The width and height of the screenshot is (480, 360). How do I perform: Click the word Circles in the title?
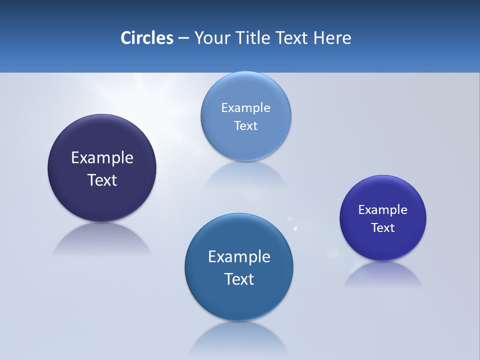tap(147, 38)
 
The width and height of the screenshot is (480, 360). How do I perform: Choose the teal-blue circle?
tap(239, 300)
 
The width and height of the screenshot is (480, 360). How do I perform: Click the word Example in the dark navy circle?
tap(102, 157)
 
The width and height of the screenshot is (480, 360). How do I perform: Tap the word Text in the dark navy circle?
tap(102, 180)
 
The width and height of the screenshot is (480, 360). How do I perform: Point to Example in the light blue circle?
tap(245, 107)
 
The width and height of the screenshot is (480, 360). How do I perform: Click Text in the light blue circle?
tap(245, 125)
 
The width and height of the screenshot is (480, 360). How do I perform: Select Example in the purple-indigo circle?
tap(383, 209)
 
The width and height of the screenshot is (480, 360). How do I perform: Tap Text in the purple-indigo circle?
tap(383, 227)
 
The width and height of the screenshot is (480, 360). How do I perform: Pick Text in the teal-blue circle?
tap(239, 278)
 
